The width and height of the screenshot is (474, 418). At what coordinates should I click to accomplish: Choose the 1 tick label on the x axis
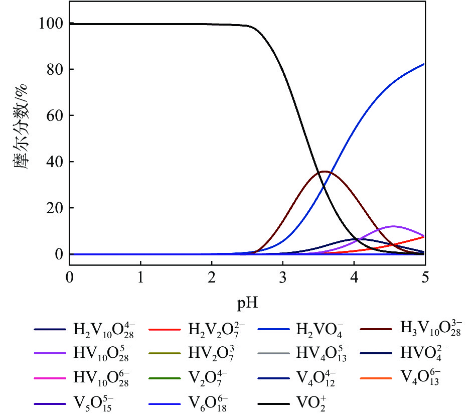coord(141,277)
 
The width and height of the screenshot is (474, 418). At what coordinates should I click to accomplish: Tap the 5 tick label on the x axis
coord(425,277)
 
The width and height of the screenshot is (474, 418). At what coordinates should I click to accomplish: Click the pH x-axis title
coord(247,303)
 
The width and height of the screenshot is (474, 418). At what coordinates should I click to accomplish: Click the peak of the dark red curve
coord(325,172)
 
